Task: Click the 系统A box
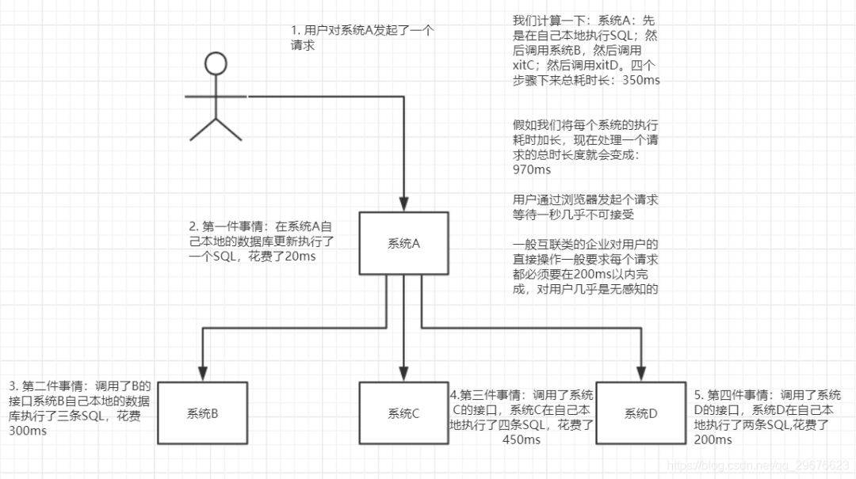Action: pos(403,244)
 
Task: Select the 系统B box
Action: pos(203,412)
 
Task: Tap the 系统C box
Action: pos(403,412)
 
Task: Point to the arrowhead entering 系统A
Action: pos(404,206)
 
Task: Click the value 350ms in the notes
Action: pos(642,80)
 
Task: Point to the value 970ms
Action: pos(533,169)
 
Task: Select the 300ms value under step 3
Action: pos(27,431)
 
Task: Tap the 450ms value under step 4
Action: pos(521,439)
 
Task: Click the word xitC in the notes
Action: pos(527,66)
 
